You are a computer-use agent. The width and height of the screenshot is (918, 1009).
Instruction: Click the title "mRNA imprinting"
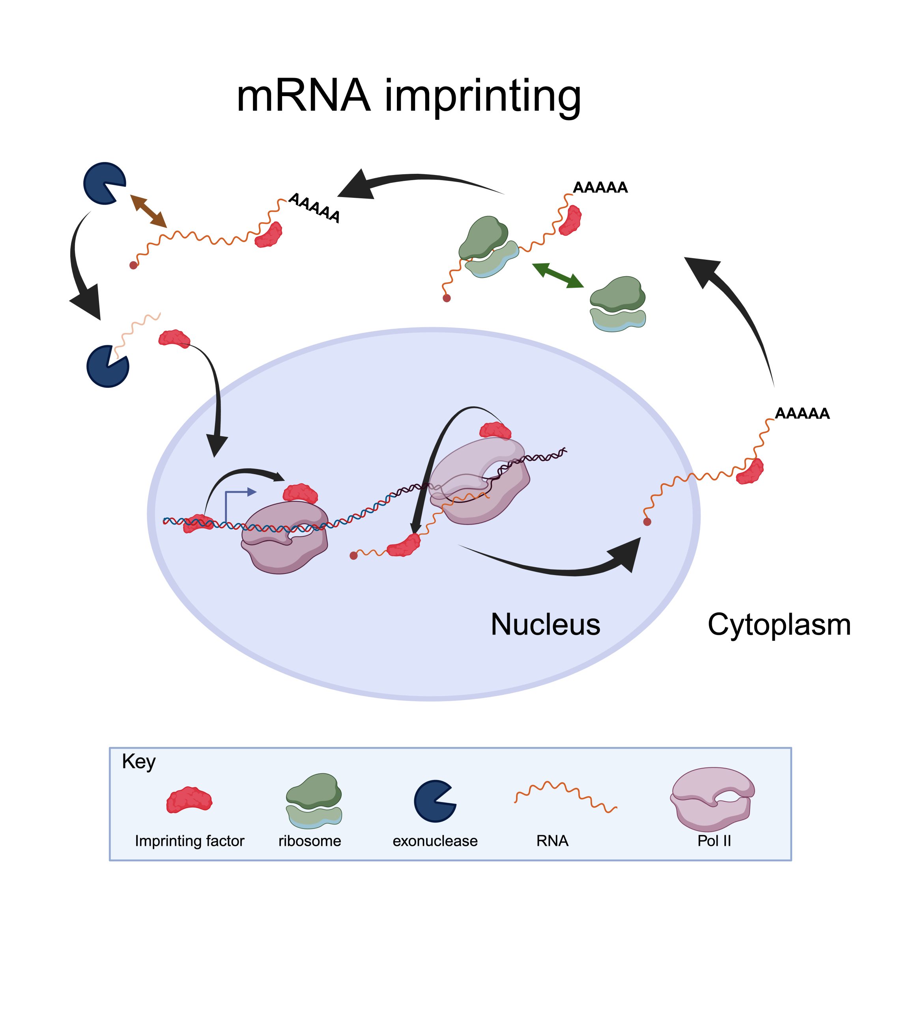pos(408,96)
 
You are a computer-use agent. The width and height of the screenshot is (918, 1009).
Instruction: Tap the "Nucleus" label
pos(545,625)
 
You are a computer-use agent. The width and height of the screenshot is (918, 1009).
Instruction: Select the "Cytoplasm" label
pos(779,625)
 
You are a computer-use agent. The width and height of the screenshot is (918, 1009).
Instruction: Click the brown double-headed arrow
pos(148,211)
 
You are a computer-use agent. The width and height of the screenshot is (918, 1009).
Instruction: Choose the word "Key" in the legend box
pos(139,761)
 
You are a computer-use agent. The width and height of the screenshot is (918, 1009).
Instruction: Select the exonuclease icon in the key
pos(434,801)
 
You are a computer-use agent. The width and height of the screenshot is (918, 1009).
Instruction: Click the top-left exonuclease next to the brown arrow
pos(104,183)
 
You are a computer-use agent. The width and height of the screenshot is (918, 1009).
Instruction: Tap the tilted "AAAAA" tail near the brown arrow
pos(314,208)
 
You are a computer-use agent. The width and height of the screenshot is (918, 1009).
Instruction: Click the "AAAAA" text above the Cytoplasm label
pos(802,413)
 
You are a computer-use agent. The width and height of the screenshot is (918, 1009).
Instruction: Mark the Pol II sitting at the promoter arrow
pos(284,538)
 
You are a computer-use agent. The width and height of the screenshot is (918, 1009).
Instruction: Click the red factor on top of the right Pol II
pos(495,430)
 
